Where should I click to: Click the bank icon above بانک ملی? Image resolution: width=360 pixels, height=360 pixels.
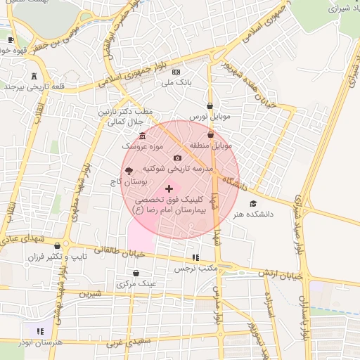pyautogui.click(x=176, y=72)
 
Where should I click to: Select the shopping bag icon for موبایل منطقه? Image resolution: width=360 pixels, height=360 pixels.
pyautogui.click(x=210, y=134)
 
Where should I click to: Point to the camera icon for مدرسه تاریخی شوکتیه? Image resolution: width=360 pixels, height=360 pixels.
pyautogui.click(x=177, y=157)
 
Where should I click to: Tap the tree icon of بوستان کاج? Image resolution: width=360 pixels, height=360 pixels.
pyautogui.click(x=127, y=170)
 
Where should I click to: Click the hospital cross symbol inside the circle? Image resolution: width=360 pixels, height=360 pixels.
pyautogui.click(x=169, y=189)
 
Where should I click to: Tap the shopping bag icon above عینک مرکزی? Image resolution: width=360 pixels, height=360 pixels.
pyautogui.click(x=136, y=273)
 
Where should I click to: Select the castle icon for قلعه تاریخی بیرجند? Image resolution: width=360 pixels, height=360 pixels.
pyautogui.click(x=35, y=75)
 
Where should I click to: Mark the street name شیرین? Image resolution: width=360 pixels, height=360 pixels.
pyautogui.click(x=91, y=294)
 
